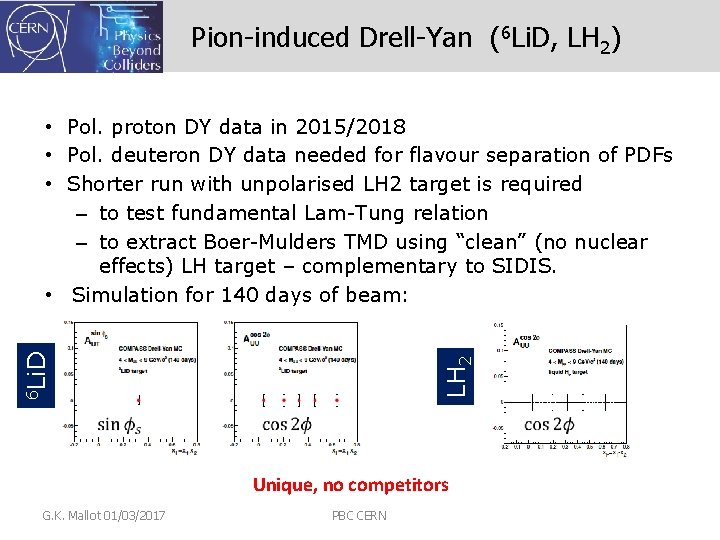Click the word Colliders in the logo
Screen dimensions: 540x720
131,65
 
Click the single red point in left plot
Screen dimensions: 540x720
138,400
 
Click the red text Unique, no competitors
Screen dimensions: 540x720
350,485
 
